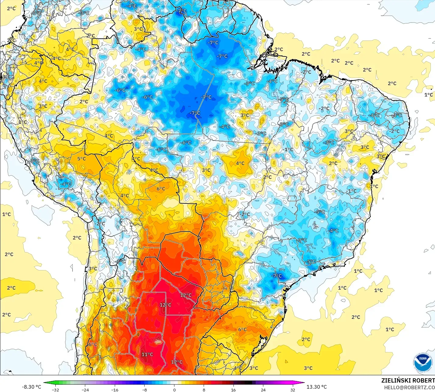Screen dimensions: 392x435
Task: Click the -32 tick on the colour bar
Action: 55,390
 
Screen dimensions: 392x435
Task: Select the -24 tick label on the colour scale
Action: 85,390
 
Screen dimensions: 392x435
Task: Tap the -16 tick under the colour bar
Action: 114,390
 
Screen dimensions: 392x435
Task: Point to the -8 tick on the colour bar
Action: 145,390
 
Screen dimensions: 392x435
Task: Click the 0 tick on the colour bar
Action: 174,390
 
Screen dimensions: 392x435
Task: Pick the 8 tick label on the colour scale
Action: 204,390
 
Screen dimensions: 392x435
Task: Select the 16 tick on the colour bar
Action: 233,390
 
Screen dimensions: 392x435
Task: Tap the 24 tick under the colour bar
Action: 263,390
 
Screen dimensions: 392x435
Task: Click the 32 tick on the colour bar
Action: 293,390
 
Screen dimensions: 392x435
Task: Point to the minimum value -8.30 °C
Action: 31,387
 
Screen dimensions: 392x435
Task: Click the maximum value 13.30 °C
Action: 317,387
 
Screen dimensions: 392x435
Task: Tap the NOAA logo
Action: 423,362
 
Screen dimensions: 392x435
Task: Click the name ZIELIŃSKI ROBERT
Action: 408,380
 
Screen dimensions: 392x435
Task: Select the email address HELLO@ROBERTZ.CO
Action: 409,387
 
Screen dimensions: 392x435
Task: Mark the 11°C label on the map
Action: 147,355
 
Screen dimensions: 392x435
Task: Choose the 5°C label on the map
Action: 81,159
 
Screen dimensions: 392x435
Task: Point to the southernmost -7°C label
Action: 277,276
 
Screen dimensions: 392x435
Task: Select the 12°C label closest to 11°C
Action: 177,362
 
